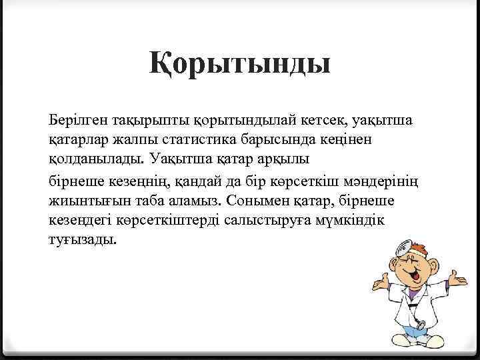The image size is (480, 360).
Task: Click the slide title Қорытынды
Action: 240,67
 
